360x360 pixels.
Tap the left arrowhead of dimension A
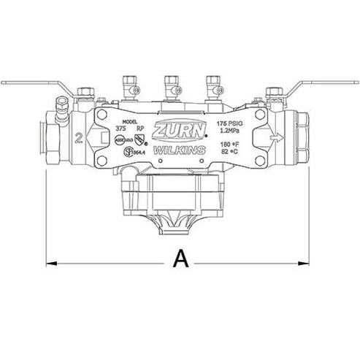pos(51,261)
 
